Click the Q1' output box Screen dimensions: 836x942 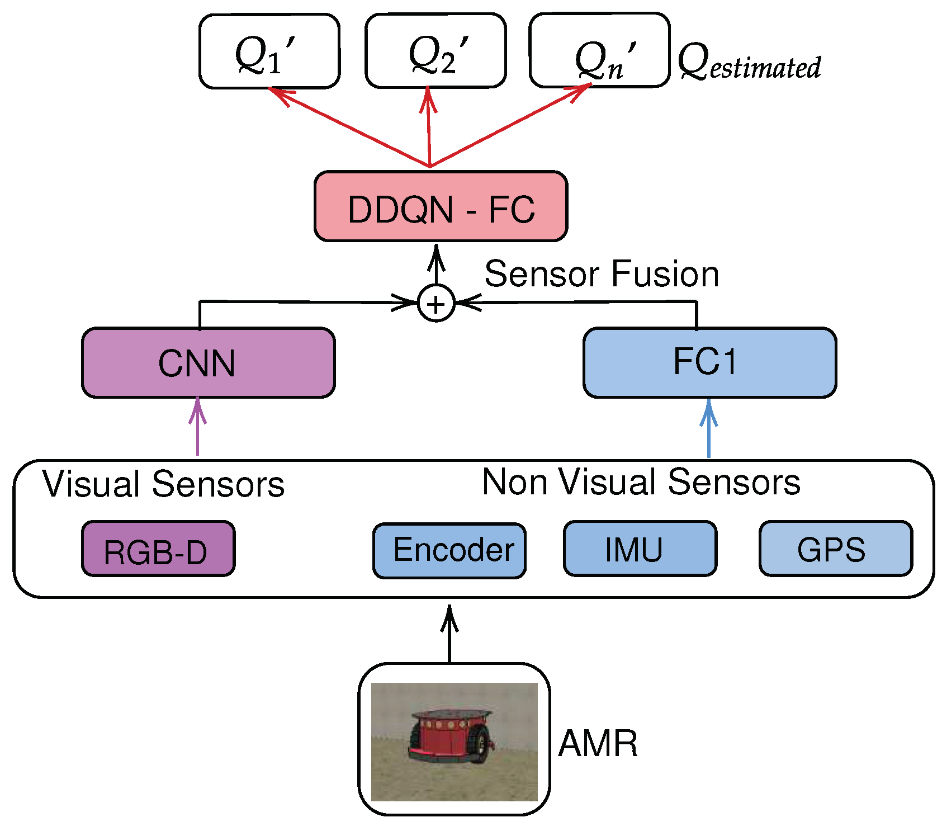[269, 51]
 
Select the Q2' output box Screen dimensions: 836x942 [436, 51]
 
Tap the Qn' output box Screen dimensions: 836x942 [599, 50]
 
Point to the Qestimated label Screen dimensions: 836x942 [749, 63]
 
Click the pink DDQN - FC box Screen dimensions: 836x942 [441, 207]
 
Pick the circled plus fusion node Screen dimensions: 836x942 [436, 304]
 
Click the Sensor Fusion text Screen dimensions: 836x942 [601, 274]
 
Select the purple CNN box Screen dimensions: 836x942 [208, 363]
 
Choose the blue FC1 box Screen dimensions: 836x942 [709, 362]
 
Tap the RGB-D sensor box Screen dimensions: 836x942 [158, 549]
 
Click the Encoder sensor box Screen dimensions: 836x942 [449, 551]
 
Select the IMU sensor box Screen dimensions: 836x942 [640, 549]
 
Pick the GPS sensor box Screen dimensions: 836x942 [835, 549]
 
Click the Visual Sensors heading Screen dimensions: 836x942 [163, 484]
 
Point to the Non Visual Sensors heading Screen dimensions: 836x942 [641, 482]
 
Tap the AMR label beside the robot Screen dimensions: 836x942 [598, 744]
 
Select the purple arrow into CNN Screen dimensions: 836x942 [197, 428]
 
